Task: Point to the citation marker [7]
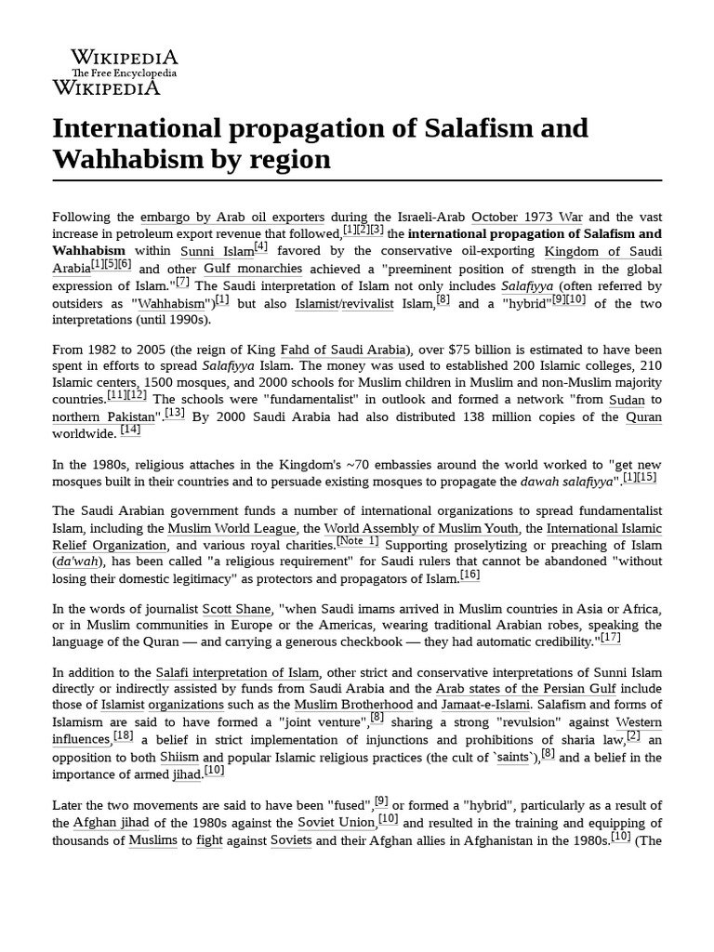tap(182, 282)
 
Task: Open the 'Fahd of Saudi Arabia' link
tap(343, 350)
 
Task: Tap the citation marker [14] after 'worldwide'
tap(130, 430)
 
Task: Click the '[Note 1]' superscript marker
tap(358, 540)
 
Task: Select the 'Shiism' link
tap(179, 757)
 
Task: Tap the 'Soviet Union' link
tap(337, 823)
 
